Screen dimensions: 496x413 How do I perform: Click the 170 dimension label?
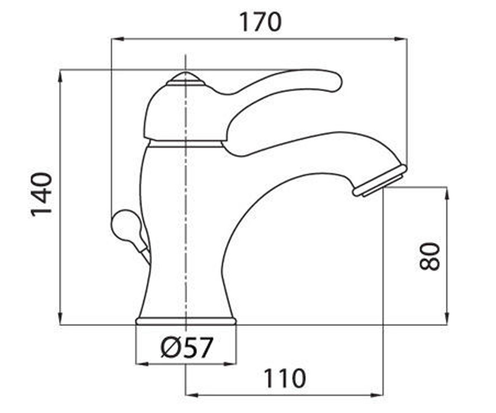(260, 22)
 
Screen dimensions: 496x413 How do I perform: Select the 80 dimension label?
(430, 256)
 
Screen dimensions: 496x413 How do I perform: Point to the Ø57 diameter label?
(186, 348)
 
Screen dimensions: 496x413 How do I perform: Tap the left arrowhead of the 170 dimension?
(118, 39)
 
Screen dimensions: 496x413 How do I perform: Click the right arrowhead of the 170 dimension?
(401, 39)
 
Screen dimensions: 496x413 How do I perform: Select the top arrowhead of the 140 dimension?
(60, 77)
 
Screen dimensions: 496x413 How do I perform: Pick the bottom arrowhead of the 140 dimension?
(60, 318)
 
